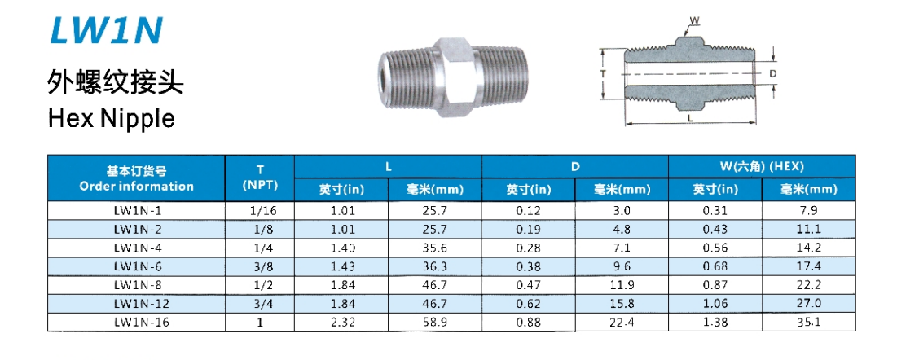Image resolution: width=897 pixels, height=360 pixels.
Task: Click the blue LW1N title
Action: (107, 30)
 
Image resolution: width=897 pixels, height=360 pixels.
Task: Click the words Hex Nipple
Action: (112, 118)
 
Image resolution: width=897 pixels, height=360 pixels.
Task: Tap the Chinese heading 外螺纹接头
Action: (115, 82)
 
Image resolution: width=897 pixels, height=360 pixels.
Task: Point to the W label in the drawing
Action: (694, 21)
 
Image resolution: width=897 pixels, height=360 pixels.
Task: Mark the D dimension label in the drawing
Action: (772, 74)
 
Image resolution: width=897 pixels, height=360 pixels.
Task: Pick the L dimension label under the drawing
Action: (691, 118)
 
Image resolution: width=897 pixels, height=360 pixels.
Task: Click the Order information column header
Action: (137, 178)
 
